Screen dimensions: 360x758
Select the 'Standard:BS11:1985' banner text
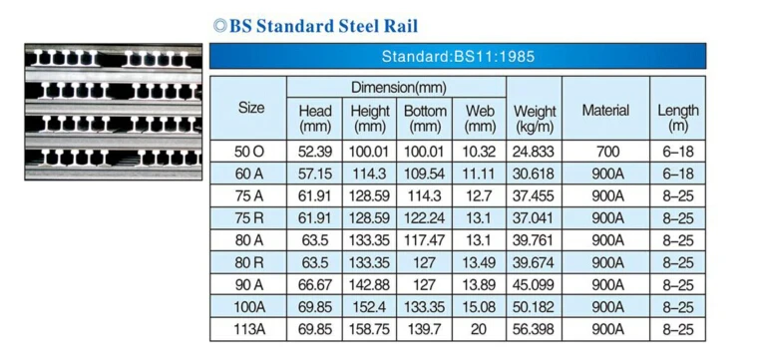[x=457, y=57]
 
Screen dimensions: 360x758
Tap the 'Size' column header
[x=251, y=107]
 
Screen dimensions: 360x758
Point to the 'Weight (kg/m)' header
[x=534, y=119]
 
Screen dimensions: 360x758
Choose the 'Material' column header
[x=605, y=111]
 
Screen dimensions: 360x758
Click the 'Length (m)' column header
[x=678, y=119]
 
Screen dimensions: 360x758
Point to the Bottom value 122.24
[x=425, y=218]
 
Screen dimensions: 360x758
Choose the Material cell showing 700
[x=605, y=152]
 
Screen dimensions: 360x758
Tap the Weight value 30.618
[x=534, y=174]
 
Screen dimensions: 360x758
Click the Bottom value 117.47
[x=425, y=240]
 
